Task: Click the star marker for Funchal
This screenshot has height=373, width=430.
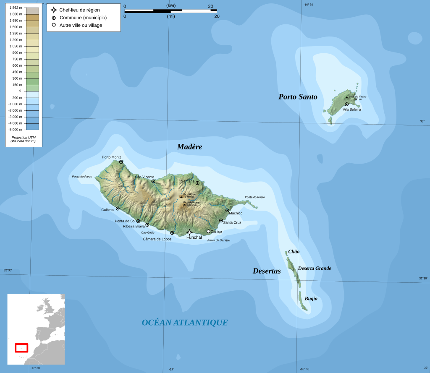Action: (189, 232)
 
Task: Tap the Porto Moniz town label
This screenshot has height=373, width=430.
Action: (111, 157)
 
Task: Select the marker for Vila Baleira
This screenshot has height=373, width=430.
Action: (347, 104)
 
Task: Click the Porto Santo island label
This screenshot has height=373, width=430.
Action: (298, 97)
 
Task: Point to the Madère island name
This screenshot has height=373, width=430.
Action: (189, 147)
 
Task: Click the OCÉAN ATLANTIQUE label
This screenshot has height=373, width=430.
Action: (185, 323)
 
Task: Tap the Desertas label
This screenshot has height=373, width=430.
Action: (267, 271)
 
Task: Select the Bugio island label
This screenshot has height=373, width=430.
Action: (311, 299)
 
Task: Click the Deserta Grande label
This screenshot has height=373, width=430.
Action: (315, 269)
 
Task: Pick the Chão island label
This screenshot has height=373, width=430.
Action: (294, 252)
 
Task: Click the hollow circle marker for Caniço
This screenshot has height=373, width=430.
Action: (208, 231)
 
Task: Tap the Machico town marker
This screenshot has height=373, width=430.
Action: (227, 211)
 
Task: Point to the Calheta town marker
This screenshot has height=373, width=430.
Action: (118, 209)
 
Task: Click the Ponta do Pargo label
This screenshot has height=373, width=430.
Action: (82, 177)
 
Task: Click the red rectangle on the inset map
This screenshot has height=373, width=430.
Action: (21, 348)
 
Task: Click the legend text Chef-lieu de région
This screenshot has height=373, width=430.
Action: (79, 10)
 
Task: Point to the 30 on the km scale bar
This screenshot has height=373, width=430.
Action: (210, 6)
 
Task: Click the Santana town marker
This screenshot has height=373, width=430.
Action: (197, 183)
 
